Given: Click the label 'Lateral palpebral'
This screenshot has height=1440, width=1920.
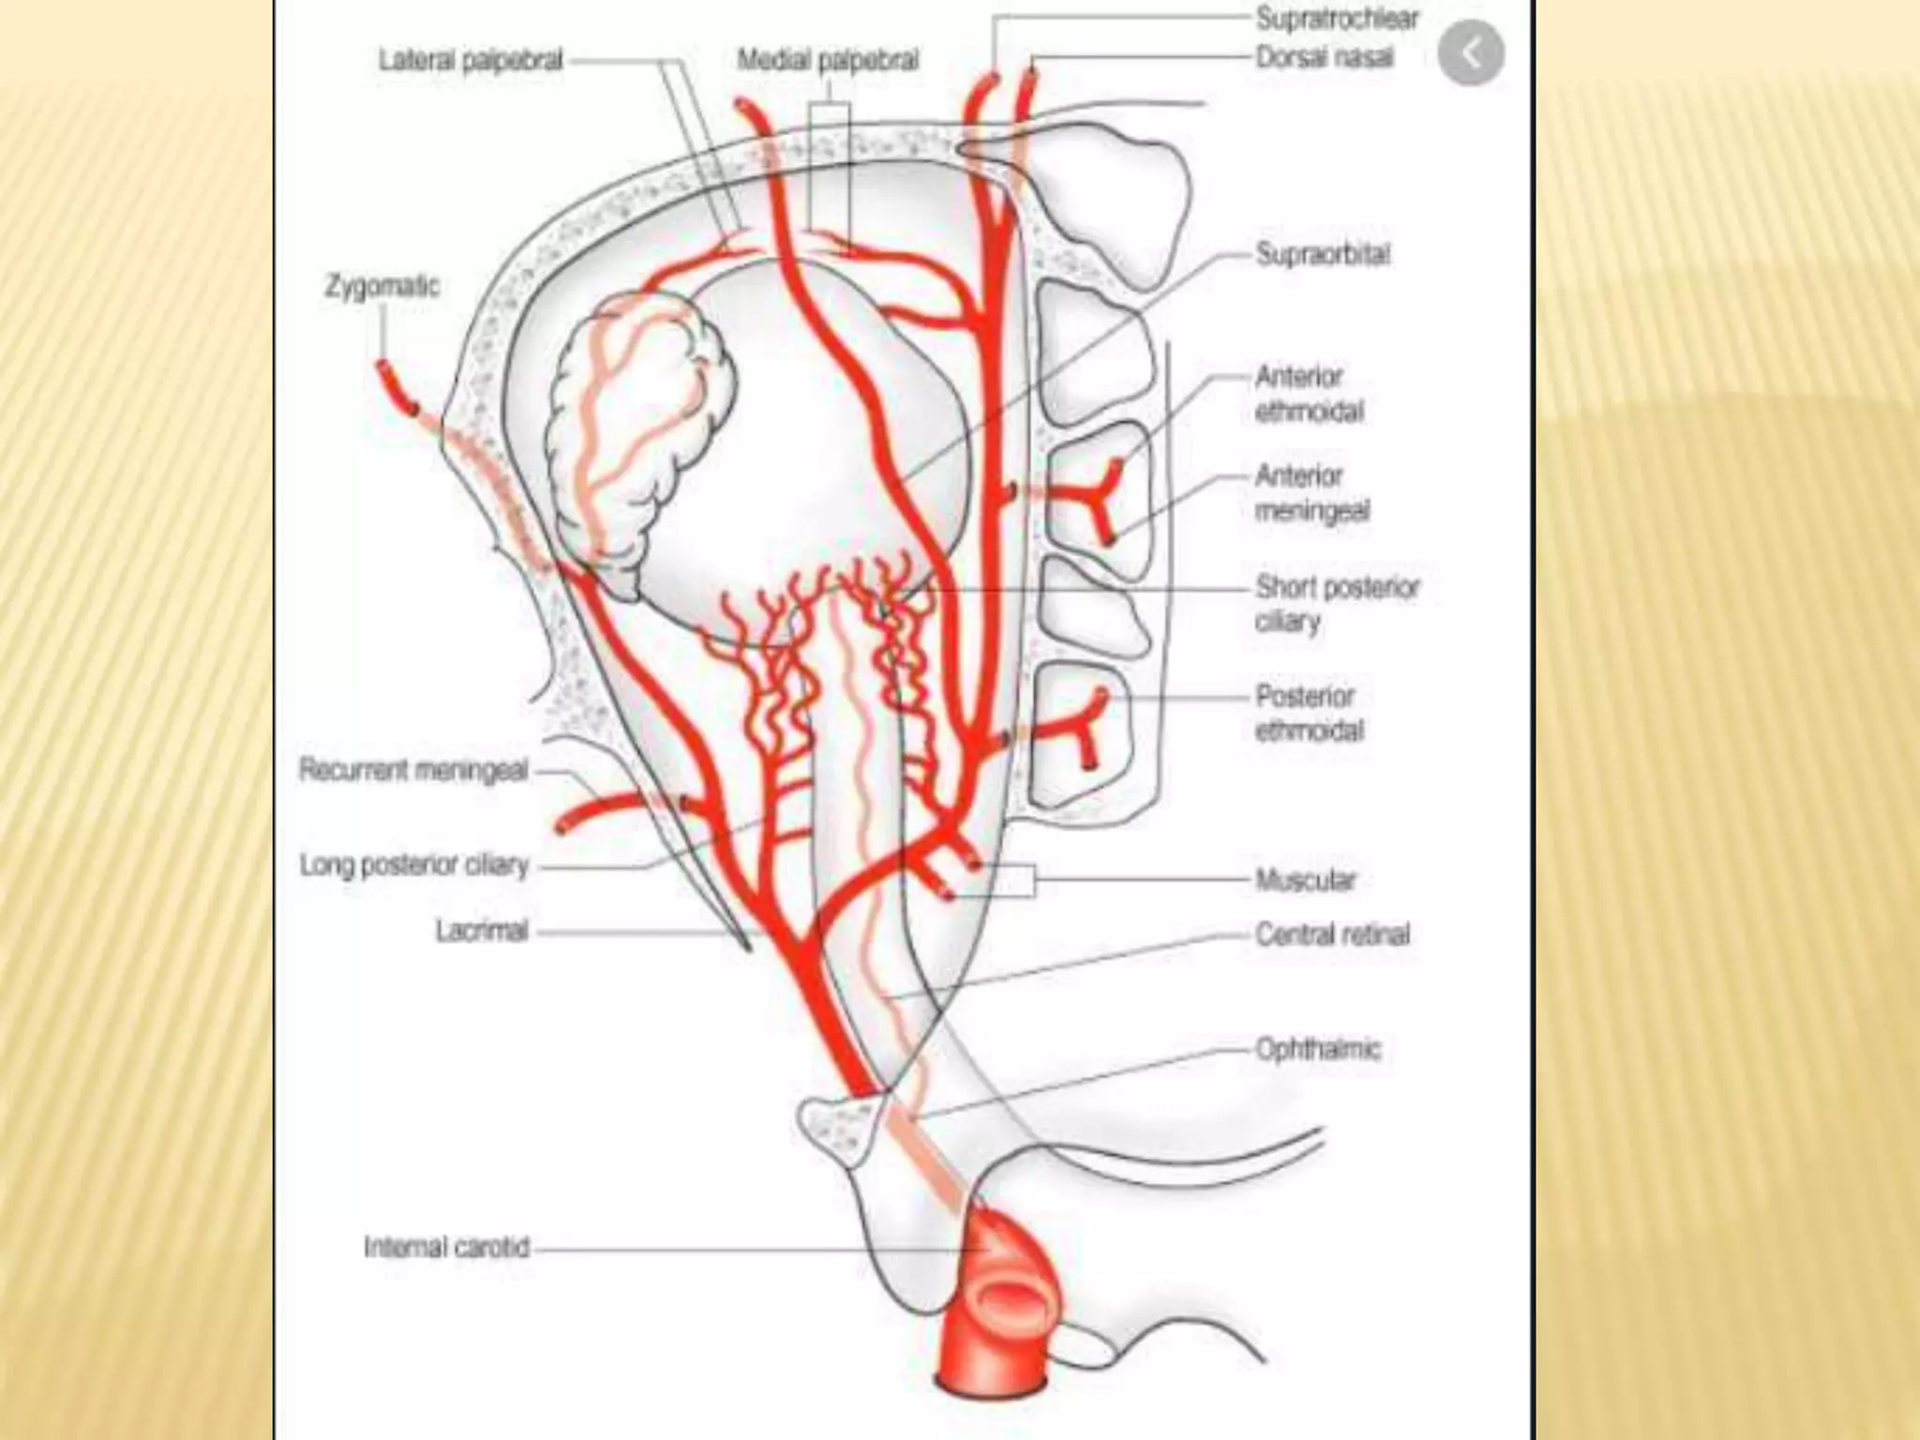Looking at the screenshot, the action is (470, 61).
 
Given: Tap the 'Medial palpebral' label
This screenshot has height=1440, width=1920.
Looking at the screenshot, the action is (827, 61).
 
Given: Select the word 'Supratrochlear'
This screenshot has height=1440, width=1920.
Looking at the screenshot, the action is (1337, 19).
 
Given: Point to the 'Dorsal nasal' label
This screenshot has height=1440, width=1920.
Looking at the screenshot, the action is (1324, 58).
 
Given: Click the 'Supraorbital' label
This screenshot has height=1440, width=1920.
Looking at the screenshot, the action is (1323, 254).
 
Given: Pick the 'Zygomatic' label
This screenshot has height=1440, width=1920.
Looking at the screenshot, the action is (382, 286).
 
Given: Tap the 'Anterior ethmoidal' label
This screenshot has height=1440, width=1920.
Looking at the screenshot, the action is (1309, 394).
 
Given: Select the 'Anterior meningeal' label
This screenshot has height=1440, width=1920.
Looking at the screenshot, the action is (1312, 493).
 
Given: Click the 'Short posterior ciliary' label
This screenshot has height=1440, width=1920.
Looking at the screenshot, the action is (1337, 604).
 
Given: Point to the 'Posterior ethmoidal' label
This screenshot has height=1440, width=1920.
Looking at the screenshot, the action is (1309, 712).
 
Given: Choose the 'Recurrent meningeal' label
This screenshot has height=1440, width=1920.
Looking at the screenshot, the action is (413, 771).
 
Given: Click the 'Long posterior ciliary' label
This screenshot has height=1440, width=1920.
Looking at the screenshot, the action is (413, 864).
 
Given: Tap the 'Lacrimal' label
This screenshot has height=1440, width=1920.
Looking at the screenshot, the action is (482, 931).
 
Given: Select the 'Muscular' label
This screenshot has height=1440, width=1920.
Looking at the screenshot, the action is (1305, 880).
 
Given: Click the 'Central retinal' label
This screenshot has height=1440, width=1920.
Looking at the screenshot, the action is (1332, 935).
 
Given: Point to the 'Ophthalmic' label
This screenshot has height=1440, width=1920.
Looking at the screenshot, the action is (1318, 1048).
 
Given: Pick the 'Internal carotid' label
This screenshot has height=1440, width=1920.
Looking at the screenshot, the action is (446, 1248).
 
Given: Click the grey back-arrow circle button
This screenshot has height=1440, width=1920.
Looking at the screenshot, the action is (1471, 53).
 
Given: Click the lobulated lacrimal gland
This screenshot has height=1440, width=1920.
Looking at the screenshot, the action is (637, 431).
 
